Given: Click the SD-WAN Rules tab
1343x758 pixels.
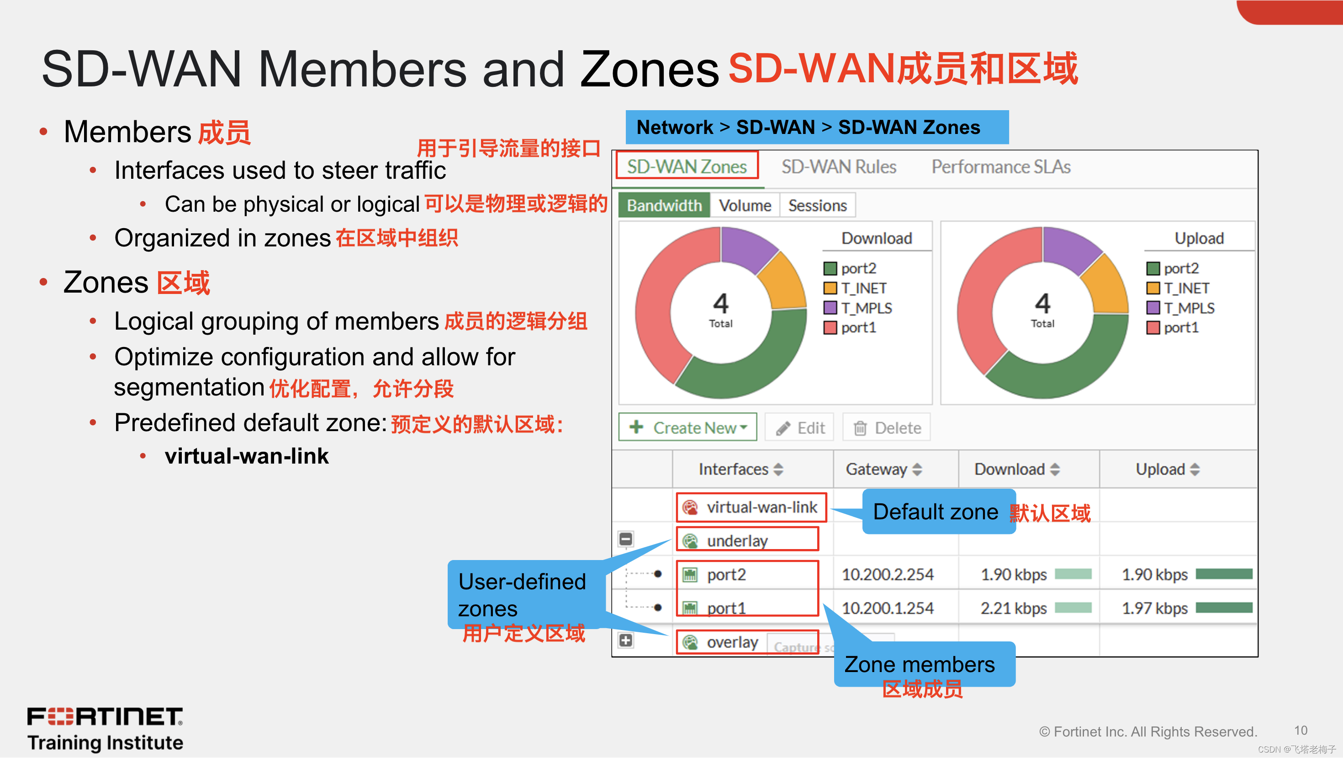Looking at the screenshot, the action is [x=838, y=167].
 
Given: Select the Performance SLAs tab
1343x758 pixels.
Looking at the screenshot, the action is [x=1000, y=167].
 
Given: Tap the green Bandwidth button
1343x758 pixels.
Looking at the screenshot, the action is [x=664, y=206].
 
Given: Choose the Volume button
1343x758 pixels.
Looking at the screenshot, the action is [x=745, y=206].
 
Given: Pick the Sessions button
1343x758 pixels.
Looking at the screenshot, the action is [x=817, y=206].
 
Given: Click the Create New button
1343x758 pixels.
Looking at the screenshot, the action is [x=687, y=428].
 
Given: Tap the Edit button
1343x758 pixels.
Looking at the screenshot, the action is [x=800, y=428].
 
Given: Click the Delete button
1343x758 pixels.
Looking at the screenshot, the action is [x=887, y=428].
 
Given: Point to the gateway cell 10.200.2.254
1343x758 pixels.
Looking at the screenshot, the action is [x=887, y=574].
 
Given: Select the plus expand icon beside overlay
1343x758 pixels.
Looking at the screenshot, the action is [x=626, y=640].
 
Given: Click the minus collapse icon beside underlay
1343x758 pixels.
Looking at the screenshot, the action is [x=626, y=539].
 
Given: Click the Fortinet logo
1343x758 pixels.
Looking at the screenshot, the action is [x=105, y=717].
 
